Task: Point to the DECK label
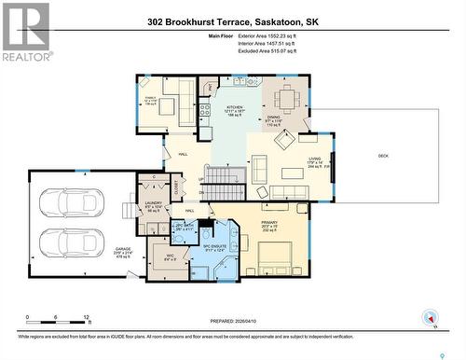pyautogui.click(x=383, y=156)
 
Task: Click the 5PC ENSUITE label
pyautogui.click(x=215, y=247)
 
